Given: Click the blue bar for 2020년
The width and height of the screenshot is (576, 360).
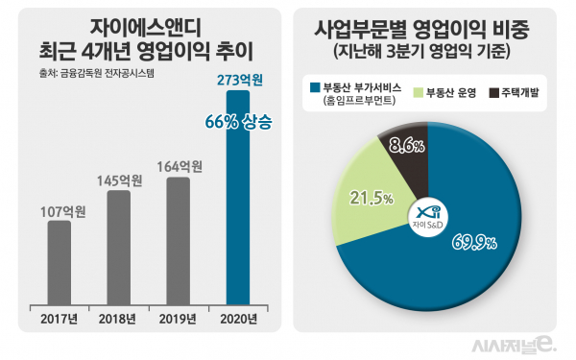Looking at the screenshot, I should pos(237,197).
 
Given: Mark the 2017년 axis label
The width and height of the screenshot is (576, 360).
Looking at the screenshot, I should pos(59,318).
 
